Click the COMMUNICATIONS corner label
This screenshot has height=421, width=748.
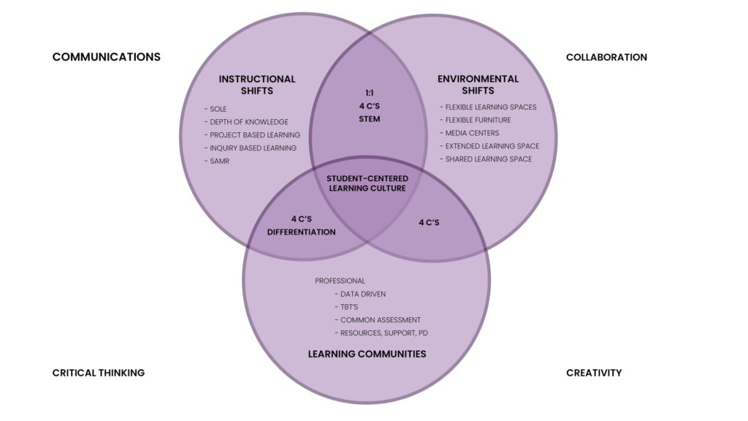click(x=107, y=57)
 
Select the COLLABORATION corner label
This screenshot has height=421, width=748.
click(x=606, y=57)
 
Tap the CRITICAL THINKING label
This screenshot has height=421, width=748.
click(x=99, y=373)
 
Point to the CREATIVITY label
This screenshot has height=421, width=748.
click(x=594, y=373)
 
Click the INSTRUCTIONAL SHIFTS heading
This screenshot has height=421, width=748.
click(x=257, y=85)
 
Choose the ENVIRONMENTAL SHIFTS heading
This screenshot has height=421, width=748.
click(x=478, y=85)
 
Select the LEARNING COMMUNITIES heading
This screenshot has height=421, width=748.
click(x=367, y=354)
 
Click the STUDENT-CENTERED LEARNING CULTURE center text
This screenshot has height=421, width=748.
click(x=367, y=183)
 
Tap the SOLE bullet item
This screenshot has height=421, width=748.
click(x=215, y=109)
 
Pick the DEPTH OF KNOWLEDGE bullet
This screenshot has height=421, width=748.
click(x=246, y=122)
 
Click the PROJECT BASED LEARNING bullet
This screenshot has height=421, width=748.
click(x=252, y=135)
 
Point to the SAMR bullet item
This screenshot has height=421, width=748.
click(x=217, y=161)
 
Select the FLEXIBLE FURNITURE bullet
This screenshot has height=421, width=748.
click(x=475, y=120)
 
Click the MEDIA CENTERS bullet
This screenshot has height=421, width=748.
click(x=470, y=133)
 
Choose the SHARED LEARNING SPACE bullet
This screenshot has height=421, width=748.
click(x=486, y=159)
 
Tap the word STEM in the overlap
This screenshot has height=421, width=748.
click(x=369, y=119)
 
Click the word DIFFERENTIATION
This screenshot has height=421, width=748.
click(x=301, y=232)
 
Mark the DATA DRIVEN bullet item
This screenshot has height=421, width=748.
click(x=360, y=294)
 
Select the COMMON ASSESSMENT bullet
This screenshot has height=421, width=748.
click(x=378, y=320)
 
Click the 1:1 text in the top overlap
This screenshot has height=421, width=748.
click(x=369, y=93)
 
